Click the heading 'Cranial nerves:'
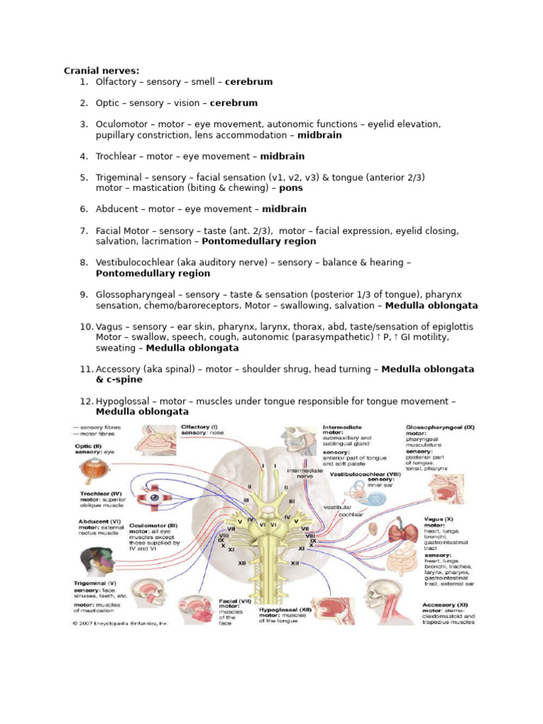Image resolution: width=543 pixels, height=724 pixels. click(x=101, y=71)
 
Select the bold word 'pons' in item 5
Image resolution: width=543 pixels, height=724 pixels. click(x=291, y=188)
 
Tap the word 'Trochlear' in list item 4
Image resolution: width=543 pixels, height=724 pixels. click(x=118, y=156)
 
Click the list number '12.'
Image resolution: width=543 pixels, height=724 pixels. click(x=86, y=402)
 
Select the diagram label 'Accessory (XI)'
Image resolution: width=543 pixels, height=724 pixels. click(x=448, y=605)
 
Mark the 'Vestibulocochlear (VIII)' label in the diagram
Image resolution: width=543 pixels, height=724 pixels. click(x=362, y=474)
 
